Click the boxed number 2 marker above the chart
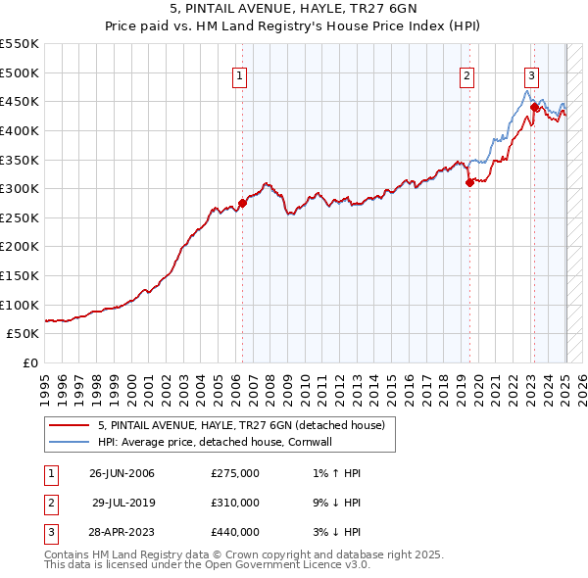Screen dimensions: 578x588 click(467, 75)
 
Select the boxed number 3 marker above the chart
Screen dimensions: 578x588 click(531, 75)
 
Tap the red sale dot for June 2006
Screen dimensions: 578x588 click(242, 203)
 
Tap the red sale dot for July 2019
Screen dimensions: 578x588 click(469, 182)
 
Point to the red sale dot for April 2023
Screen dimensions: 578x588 click(534, 107)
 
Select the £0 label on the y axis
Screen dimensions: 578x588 click(30, 362)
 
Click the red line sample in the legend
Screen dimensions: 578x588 click(69, 425)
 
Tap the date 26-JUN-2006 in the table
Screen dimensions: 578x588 click(122, 473)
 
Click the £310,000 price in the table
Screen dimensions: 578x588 click(235, 503)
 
